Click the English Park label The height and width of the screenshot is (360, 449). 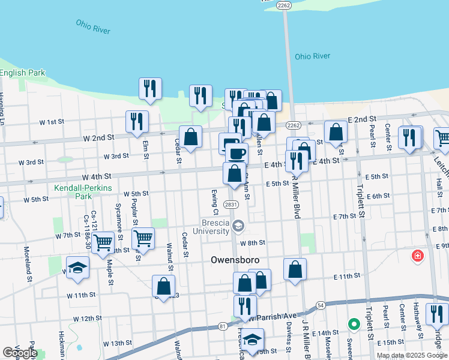click(23, 73)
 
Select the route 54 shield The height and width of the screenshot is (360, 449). click(321, 305)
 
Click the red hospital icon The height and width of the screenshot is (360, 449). click(417, 257)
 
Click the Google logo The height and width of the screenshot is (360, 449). click(20, 353)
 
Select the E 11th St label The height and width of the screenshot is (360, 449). click(347, 275)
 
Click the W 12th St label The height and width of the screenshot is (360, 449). click(87, 318)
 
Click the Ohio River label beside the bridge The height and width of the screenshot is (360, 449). click(312, 56)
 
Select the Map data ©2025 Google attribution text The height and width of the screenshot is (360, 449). click(411, 355)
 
